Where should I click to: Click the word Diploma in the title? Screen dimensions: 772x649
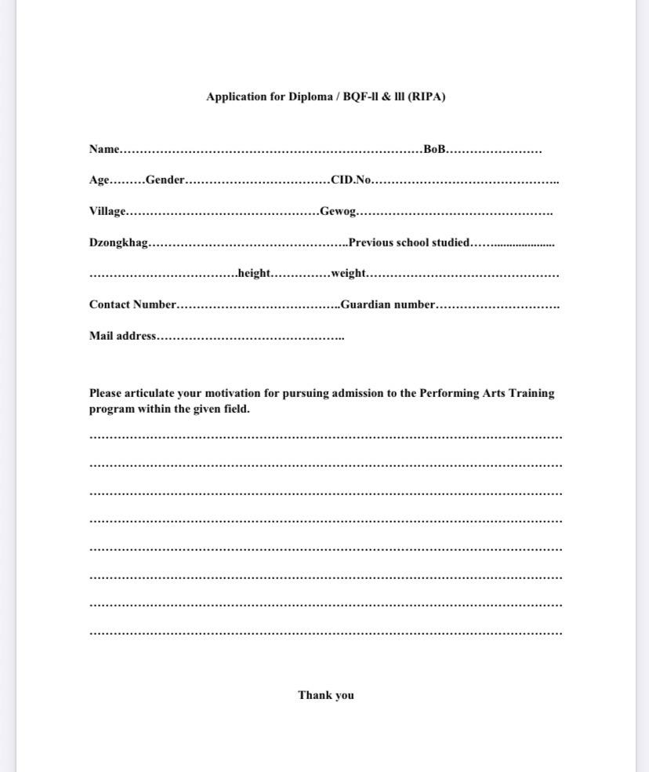[310, 97]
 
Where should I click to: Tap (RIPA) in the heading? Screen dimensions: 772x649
[426, 97]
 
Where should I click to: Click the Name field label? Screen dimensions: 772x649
[103, 149]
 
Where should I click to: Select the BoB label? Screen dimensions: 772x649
[434, 149]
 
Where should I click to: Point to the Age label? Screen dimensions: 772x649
[99, 180]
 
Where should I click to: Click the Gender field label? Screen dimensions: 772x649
[165, 180]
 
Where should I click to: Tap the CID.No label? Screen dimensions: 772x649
[350, 180]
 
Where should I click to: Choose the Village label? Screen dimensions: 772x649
[107, 211]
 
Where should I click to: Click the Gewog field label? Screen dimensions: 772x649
[338, 211]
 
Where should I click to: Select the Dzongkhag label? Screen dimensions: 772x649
[118, 242]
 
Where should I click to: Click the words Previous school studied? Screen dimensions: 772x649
[408, 242]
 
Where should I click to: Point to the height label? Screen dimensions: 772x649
[254, 273]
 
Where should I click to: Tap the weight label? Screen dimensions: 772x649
[348, 273]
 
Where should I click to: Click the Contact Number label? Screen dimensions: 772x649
[132, 304]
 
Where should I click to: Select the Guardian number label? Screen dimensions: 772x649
[387, 304]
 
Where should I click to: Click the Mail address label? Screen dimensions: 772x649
[122, 336]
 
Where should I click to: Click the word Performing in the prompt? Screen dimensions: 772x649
[448, 393]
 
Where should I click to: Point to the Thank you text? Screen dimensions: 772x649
[325, 695]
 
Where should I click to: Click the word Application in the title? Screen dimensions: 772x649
[235, 97]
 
